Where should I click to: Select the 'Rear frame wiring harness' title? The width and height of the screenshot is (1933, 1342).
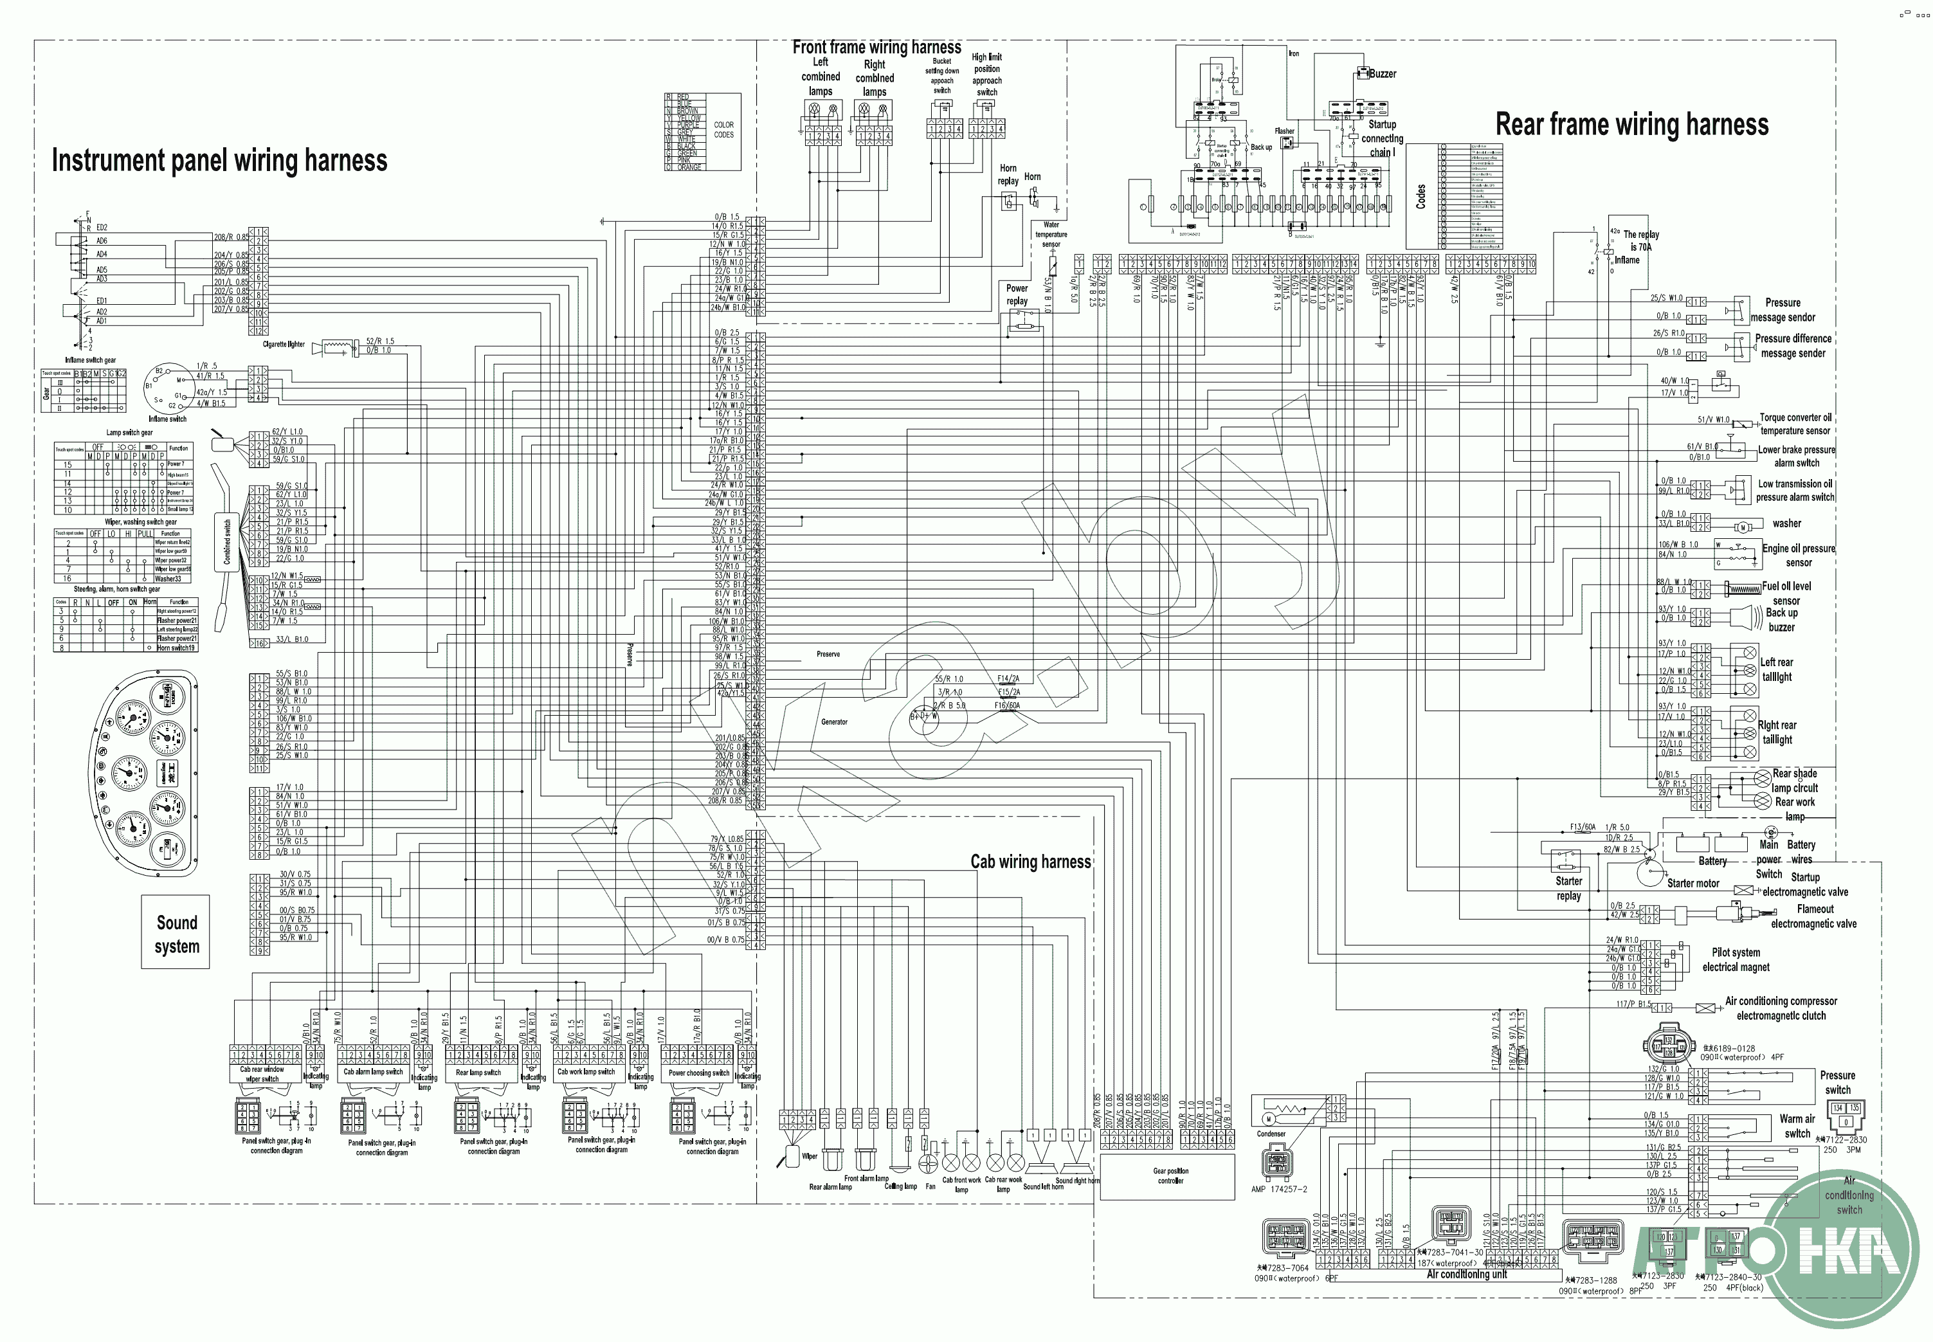[x=1631, y=125]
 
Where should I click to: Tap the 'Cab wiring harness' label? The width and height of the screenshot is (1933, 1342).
[x=1030, y=862]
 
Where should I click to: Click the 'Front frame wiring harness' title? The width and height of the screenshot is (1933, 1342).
[x=876, y=47]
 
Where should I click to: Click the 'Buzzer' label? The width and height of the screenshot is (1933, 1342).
[x=1383, y=74]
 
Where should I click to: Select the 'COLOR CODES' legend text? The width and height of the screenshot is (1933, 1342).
[x=723, y=129]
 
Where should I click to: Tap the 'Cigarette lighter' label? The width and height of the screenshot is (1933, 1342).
[x=284, y=345]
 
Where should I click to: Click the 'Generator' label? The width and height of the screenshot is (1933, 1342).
[x=834, y=722]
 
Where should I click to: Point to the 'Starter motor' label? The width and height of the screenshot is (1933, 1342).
[x=1693, y=884]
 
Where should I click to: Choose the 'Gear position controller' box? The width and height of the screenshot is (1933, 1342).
[x=1170, y=1175]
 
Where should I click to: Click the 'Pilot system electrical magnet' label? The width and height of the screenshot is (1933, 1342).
[x=1736, y=959]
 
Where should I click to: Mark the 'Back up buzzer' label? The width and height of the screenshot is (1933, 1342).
[x=1782, y=620]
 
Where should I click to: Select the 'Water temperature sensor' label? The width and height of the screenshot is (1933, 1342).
[x=1051, y=235]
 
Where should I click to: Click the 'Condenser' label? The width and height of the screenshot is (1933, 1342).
[x=1271, y=1134]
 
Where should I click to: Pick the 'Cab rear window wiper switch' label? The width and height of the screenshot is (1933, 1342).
[x=262, y=1074]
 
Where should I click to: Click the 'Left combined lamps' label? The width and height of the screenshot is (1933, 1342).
[x=821, y=77]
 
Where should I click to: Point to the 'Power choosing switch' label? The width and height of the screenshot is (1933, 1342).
[x=699, y=1073]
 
